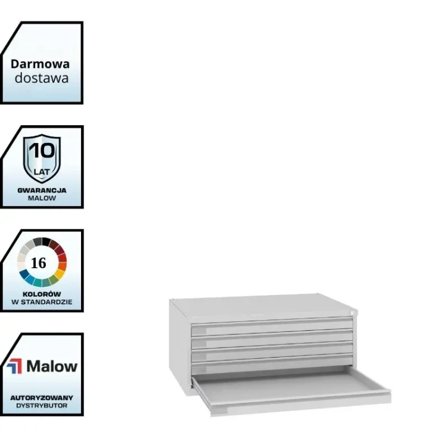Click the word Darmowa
(x=40, y=64)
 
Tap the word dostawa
(x=42, y=78)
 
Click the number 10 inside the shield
(x=42, y=151)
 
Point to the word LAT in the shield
(x=42, y=172)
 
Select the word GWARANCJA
(x=42, y=191)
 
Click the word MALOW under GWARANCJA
(x=42, y=198)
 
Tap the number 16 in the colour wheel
(x=39, y=263)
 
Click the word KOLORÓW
(x=42, y=294)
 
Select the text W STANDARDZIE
(x=42, y=302)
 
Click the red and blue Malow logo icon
(x=14, y=366)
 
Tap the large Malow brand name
(x=52, y=366)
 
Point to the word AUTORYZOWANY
(x=42, y=398)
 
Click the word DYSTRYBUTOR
(x=42, y=406)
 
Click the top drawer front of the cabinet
(x=272, y=327)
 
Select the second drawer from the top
(x=272, y=340)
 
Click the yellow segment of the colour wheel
(x=59, y=274)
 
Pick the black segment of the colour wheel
(x=46, y=242)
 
